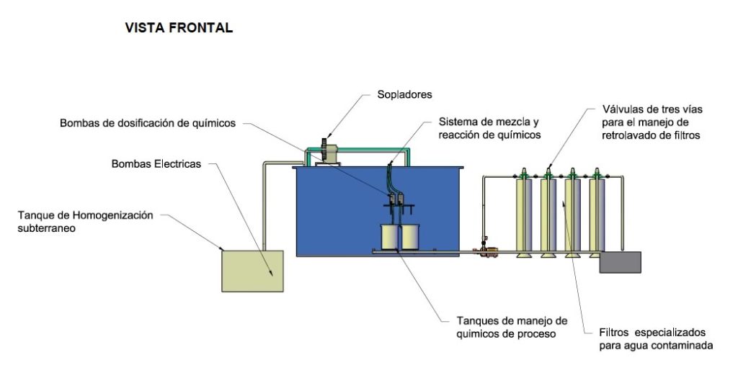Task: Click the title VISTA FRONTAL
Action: pos(179,28)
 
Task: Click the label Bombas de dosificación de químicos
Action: pos(148,123)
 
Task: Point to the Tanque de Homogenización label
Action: pos(86,215)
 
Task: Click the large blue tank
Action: pos(339,209)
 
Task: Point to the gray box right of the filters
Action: pos(620,261)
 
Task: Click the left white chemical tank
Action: pos(390,236)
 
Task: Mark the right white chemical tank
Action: pos(409,236)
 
